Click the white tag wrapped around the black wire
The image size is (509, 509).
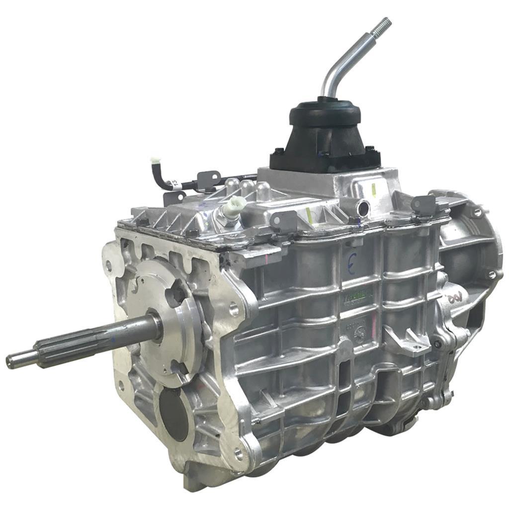pyautogui.click(x=171, y=183)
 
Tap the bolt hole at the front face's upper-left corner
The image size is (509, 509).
pyautogui.click(x=109, y=266)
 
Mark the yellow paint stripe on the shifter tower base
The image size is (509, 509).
pyautogui.click(x=374, y=188)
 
